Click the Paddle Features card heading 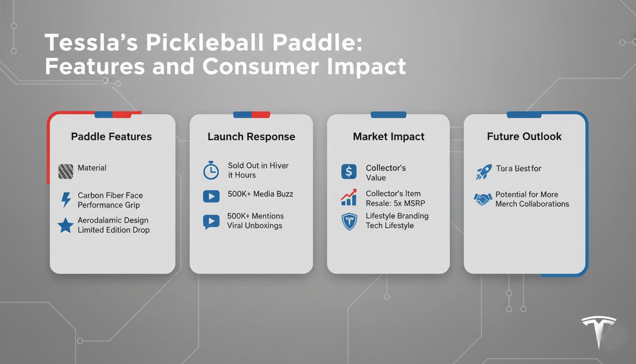click(111, 136)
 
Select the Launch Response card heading click(251, 136)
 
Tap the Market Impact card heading click(389, 136)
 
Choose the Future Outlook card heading click(524, 136)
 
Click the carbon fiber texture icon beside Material click(65, 171)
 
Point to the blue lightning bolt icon click(65, 200)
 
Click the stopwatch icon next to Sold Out click(211, 171)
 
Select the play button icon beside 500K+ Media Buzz click(211, 196)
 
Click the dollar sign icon click(349, 172)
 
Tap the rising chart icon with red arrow click(349, 198)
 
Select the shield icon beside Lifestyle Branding click(349, 221)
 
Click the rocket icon click(483, 172)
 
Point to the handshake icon click(483, 199)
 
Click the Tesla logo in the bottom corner click(599, 330)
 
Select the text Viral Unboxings click(255, 226)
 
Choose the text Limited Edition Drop click(114, 230)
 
